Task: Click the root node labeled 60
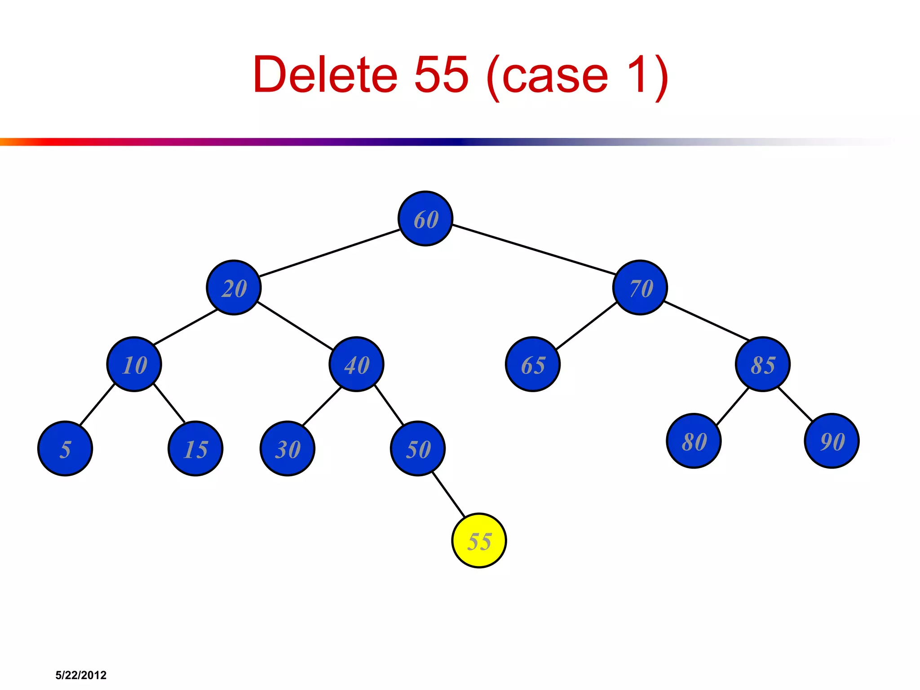click(x=425, y=219)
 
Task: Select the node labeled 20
click(x=234, y=287)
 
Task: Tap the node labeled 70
click(x=640, y=287)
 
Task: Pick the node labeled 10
click(x=134, y=364)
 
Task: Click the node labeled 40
click(x=356, y=364)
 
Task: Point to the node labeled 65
click(x=533, y=364)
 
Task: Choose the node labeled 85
click(x=762, y=364)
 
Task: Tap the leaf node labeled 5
click(x=65, y=448)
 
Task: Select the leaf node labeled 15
click(x=195, y=448)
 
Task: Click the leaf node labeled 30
click(x=287, y=448)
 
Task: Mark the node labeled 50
click(x=418, y=448)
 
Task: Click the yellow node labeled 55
click(x=479, y=540)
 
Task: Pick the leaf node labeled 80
click(x=694, y=441)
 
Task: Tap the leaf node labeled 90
click(x=832, y=441)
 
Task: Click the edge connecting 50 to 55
click(x=448, y=494)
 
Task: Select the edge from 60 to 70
click(x=534, y=249)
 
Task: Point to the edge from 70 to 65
click(x=586, y=326)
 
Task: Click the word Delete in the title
click(x=325, y=75)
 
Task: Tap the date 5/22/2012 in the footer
click(x=81, y=675)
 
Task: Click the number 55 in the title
click(x=441, y=75)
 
